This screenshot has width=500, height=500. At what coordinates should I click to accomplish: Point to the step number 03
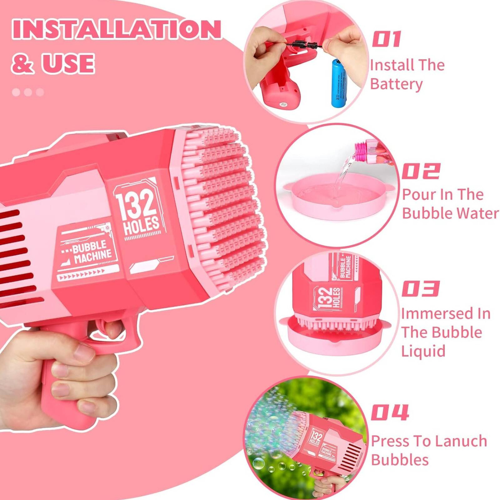pos(420,288)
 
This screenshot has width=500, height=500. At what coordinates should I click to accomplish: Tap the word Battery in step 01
pos(397,84)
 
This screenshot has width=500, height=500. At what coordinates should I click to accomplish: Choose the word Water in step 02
pos(477,213)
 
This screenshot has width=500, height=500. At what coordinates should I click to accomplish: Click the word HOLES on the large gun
pos(141,226)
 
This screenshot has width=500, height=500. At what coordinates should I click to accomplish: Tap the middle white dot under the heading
pos(28,92)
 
